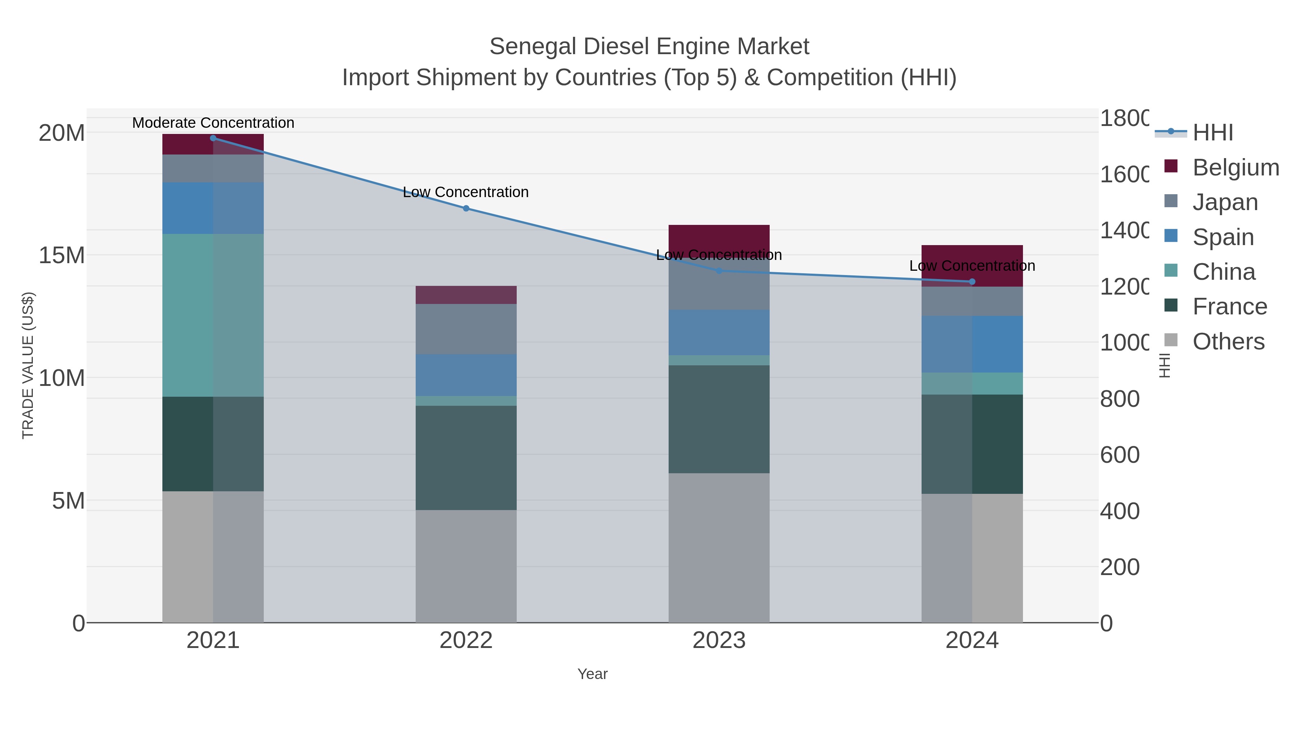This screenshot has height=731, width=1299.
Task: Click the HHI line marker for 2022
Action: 466,208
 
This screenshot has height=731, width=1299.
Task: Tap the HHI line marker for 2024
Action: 972,282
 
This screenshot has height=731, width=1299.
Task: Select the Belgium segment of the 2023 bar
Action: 719,237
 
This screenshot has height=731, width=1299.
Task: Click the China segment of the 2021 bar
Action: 213,315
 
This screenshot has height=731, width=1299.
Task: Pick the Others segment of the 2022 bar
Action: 466,566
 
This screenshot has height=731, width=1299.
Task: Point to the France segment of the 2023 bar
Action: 719,419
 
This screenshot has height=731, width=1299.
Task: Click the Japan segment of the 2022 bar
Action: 466,329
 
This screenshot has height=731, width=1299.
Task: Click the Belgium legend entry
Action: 1235,167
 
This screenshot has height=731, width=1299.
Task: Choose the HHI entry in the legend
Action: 1213,133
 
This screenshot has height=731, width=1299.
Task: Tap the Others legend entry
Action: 1228,341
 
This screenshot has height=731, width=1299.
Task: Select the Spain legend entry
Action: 1223,237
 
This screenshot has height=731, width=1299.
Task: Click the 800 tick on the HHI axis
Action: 1119,399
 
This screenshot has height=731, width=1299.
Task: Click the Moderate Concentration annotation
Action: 213,123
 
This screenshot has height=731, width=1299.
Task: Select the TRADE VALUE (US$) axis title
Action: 28,365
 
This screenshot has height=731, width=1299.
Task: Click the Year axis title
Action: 592,674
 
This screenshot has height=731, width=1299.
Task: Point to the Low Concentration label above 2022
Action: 466,192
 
